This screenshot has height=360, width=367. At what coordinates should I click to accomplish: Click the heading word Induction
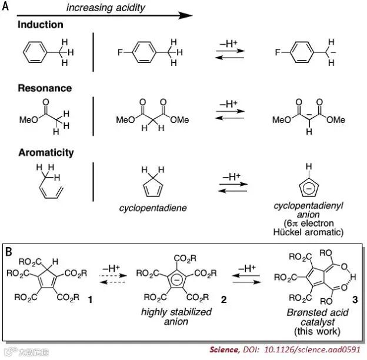tap(41, 25)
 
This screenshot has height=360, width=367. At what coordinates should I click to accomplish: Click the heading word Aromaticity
tap(46, 152)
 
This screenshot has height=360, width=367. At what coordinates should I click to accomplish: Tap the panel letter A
tap(5, 6)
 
